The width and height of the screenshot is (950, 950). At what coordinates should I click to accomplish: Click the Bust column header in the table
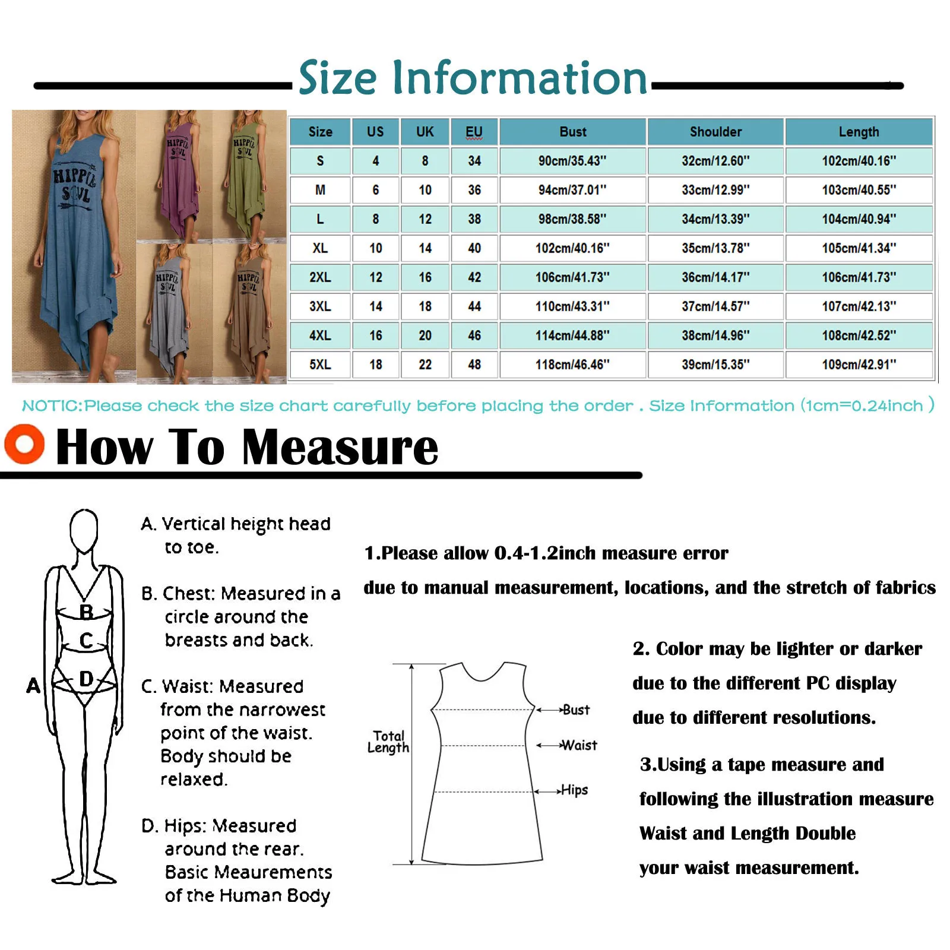[572, 132]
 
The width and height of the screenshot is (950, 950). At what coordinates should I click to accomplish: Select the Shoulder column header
[715, 132]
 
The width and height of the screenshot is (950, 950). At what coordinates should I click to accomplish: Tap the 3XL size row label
[320, 306]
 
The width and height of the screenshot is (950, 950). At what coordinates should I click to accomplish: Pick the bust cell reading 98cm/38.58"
[572, 219]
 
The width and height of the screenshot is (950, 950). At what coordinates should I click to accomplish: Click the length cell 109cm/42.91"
[859, 365]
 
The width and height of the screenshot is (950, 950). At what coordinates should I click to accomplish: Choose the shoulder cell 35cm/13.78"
[715, 248]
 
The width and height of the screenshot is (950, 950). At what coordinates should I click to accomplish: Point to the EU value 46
[474, 335]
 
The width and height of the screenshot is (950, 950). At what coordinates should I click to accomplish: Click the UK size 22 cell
[425, 365]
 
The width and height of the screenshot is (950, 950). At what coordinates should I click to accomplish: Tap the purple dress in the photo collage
[176, 178]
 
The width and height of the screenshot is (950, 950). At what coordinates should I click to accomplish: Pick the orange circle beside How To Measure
[24, 444]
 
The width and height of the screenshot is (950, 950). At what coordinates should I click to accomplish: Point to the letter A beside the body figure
[33, 686]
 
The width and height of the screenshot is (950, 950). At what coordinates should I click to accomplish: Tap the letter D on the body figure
[86, 679]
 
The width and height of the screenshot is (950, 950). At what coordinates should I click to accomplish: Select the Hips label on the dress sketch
[575, 790]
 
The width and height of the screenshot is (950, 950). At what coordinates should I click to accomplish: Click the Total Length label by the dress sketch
[388, 742]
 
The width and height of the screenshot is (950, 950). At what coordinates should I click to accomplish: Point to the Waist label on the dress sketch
[579, 745]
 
